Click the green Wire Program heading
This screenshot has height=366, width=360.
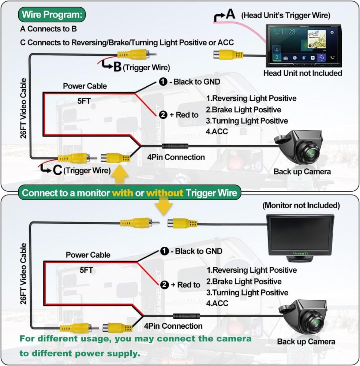pos(52,15)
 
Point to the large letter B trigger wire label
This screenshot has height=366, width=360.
pos(117,67)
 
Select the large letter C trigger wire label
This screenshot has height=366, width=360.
pos(57,170)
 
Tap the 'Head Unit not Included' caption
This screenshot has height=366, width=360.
pos(303,73)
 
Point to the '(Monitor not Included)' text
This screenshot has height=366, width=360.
pos(301,205)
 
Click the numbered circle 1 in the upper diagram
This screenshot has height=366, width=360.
pos(163,82)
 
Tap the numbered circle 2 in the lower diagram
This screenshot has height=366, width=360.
pos(164,284)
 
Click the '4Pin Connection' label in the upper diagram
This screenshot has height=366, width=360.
pos(176,157)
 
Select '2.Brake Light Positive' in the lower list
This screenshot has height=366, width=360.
pos(244,281)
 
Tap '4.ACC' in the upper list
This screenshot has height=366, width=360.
pos(217,131)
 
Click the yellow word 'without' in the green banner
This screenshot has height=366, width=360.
pos(164,193)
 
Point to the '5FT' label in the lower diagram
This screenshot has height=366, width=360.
pos(86,270)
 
